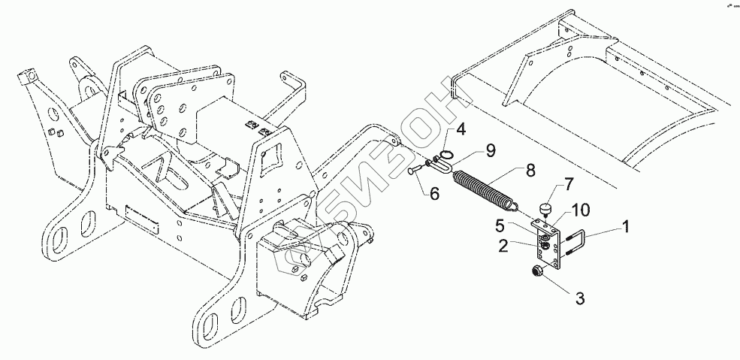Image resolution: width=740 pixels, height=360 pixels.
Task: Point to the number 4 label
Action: (461, 129)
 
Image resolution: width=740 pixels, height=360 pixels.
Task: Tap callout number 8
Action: (530, 170)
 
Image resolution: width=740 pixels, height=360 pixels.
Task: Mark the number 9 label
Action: (490, 150)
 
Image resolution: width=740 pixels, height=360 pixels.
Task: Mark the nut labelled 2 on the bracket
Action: (542, 244)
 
